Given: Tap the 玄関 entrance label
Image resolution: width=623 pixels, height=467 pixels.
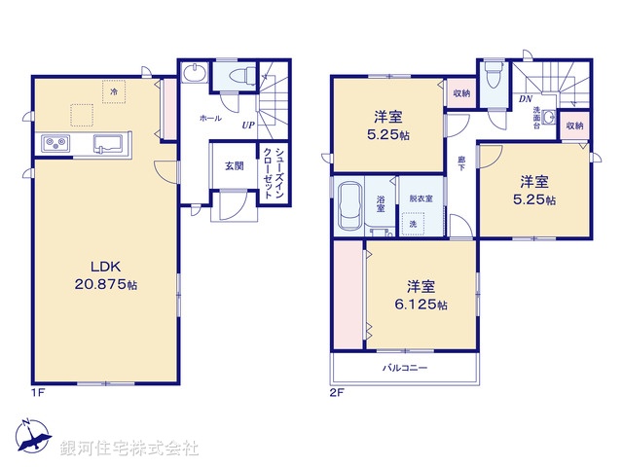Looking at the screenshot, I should pos(234,165).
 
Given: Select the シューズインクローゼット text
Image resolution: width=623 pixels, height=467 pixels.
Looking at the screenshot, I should pos(274,172).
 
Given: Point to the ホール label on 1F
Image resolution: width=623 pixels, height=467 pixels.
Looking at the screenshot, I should pos(209,118).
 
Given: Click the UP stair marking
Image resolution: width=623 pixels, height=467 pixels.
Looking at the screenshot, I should pos(248,126).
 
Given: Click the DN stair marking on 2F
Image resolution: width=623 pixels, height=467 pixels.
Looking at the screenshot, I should pos(525,99).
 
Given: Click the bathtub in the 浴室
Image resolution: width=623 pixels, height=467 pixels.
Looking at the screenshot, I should pos(348,205).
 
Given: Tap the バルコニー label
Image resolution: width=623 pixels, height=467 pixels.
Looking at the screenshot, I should pos(404,368).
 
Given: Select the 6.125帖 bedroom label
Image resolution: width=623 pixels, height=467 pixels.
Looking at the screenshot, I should pos(421,296).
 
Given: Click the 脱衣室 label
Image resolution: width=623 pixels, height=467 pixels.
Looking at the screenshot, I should pos(421,198).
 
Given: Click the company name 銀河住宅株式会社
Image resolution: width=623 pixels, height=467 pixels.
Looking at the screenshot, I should pos(129,449).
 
